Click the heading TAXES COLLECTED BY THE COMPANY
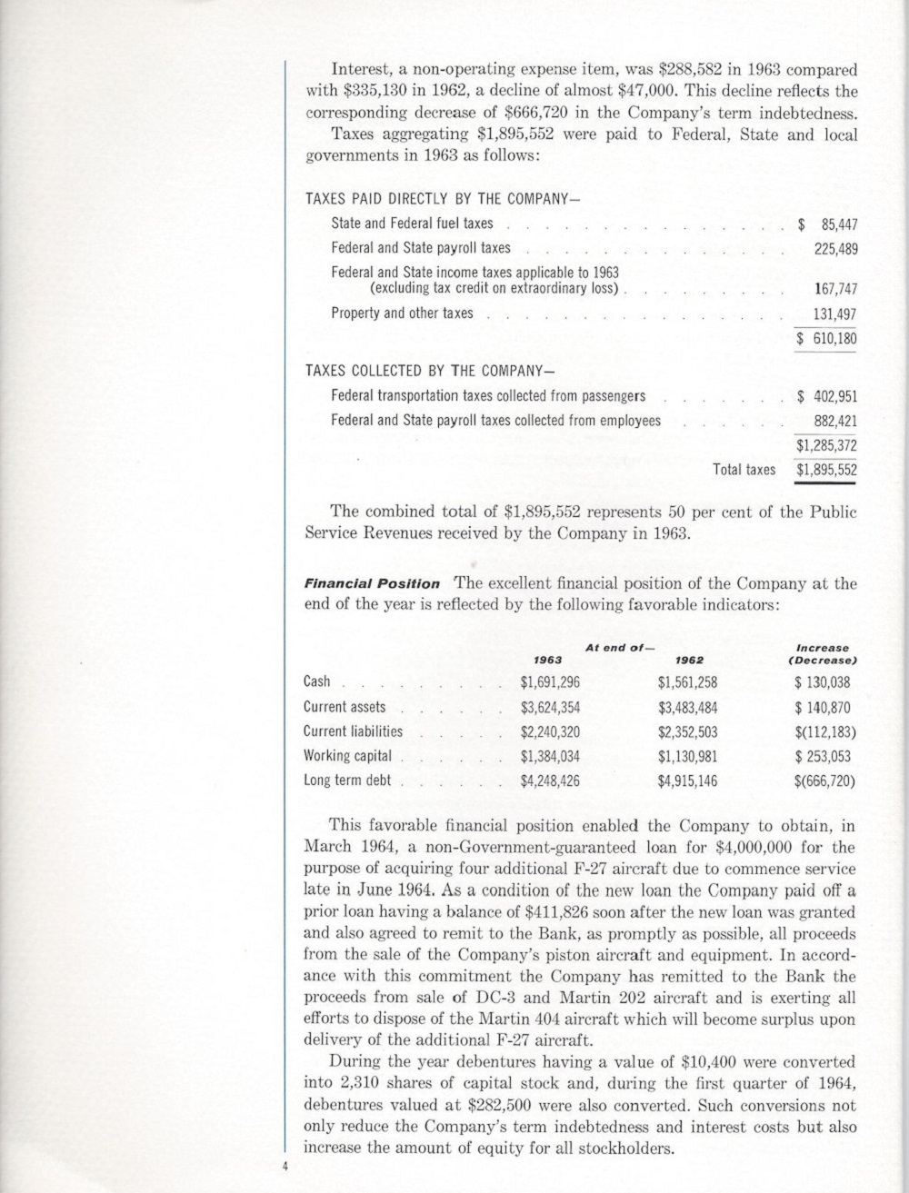(430, 372)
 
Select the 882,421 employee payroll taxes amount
(835, 422)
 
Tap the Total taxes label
(744, 470)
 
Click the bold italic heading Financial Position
(372, 584)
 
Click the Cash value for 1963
(550, 682)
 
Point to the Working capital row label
(347, 756)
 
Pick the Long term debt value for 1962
(687, 780)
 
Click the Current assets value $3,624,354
(550, 707)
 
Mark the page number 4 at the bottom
(285, 1166)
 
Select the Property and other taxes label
(402, 313)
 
